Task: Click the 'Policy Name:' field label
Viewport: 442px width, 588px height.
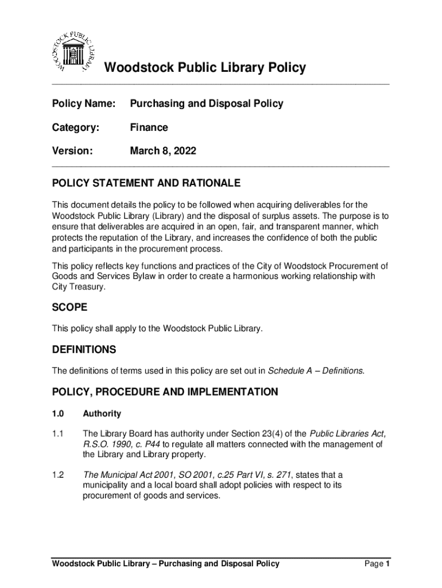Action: coord(84,104)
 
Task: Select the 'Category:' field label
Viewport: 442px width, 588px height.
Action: coord(75,127)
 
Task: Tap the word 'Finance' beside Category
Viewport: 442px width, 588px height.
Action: coord(149,127)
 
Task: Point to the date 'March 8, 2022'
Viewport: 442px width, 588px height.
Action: coord(163,151)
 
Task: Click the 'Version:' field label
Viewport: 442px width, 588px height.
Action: coord(72,151)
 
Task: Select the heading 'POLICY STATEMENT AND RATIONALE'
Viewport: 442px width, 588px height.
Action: coord(146,184)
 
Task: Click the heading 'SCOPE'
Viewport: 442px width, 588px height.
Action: coord(69,308)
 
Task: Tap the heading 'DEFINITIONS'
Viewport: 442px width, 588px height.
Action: coord(84,350)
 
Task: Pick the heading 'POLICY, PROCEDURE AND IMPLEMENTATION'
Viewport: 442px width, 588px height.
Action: coord(165,392)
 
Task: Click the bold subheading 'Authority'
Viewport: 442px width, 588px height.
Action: coord(102,413)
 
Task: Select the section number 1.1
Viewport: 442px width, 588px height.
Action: coord(58,433)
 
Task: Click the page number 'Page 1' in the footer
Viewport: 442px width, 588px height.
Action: coord(377,564)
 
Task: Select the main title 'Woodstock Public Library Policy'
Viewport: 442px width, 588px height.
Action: coord(204,68)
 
